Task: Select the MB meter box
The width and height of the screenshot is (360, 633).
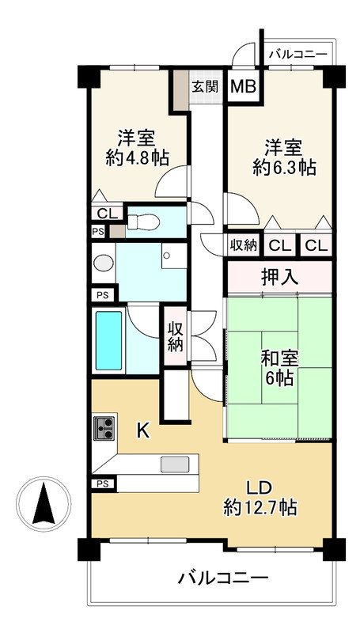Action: click(242, 86)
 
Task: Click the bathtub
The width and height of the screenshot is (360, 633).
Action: click(108, 340)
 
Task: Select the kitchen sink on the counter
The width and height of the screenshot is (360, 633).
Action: click(176, 463)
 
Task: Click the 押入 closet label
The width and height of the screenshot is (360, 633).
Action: click(279, 277)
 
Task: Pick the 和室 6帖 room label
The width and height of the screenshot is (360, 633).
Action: click(279, 368)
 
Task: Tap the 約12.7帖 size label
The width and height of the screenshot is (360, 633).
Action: click(260, 507)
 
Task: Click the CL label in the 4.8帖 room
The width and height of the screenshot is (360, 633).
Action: click(104, 213)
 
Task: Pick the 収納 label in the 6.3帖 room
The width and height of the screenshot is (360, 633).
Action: click(243, 245)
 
